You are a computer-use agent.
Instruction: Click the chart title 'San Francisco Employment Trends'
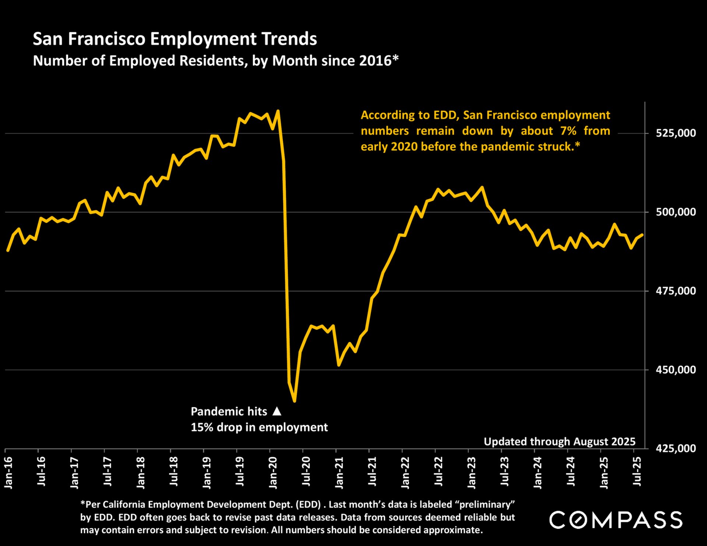[x=175, y=39]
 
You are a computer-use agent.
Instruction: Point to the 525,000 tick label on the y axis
[x=676, y=133]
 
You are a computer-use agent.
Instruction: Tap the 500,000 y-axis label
[x=676, y=212]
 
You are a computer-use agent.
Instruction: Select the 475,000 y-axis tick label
[x=676, y=291]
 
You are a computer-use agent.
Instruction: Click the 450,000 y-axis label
[x=676, y=370]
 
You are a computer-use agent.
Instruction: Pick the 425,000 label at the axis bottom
[x=676, y=448]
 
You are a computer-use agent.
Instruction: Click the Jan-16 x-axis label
[x=8, y=473]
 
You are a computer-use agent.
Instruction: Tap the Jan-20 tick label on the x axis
[x=273, y=473]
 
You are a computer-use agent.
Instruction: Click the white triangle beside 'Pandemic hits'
[x=277, y=411]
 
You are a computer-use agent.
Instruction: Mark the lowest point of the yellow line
[x=295, y=401]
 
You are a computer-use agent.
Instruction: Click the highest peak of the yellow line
[x=278, y=111]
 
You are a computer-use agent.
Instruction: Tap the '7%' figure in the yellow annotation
[x=568, y=131]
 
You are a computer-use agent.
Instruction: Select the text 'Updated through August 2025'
[x=559, y=441]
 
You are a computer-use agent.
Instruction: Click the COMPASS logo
[x=616, y=520]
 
